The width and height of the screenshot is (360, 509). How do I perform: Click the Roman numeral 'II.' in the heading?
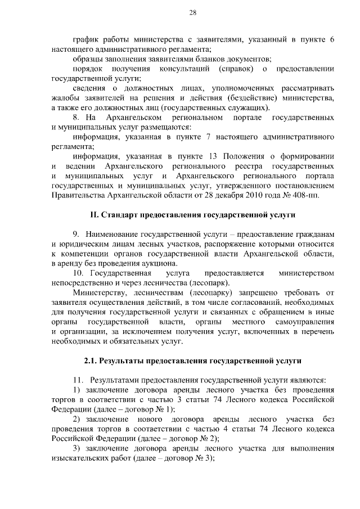(96, 215)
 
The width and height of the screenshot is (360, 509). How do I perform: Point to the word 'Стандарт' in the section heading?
(119, 215)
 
